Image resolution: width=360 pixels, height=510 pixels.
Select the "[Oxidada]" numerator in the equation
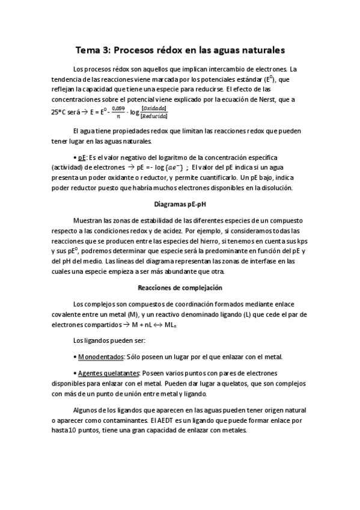click(153, 108)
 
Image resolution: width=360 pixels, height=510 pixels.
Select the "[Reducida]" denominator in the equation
click(153, 116)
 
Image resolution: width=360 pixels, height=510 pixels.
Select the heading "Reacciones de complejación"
click(180, 287)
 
